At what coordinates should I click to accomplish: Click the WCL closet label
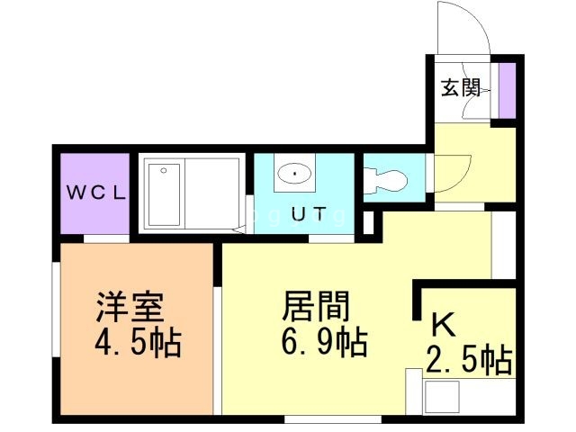[96, 193]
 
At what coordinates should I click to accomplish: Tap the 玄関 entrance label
[460, 87]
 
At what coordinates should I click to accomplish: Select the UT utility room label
[310, 214]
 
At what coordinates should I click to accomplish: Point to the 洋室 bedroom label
[130, 307]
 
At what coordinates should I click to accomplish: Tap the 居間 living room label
[316, 306]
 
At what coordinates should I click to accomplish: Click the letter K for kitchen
[443, 324]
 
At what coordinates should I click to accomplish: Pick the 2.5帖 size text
[469, 360]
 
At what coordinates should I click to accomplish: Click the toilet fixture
[385, 180]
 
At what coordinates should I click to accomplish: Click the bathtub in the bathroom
[164, 195]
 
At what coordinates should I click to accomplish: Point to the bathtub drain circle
[164, 170]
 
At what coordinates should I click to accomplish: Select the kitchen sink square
[441, 397]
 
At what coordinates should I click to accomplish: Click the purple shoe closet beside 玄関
[508, 91]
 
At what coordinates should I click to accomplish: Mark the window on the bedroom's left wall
[56, 309]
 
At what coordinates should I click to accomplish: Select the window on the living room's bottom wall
[333, 419]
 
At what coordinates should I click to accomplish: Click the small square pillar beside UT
[368, 222]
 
